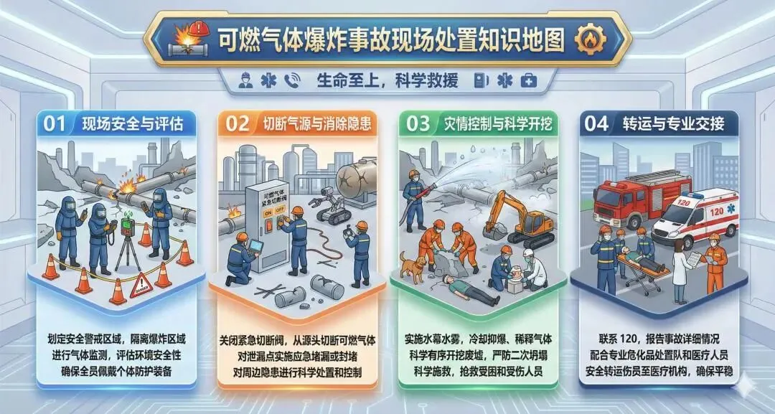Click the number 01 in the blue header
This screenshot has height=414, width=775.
click(x=55, y=123)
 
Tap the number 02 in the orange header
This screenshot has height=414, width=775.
click(x=238, y=123)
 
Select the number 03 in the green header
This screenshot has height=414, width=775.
click(x=418, y=124)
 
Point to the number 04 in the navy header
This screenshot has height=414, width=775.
click(x=596, y=124)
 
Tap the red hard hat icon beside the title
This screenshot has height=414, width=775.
click(x=199, y=28)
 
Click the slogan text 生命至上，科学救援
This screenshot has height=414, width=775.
click(x=387, y=80)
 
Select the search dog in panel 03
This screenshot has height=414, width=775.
click(x=412, y=267)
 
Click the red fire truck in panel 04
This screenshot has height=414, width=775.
click(x=642, y=197)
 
